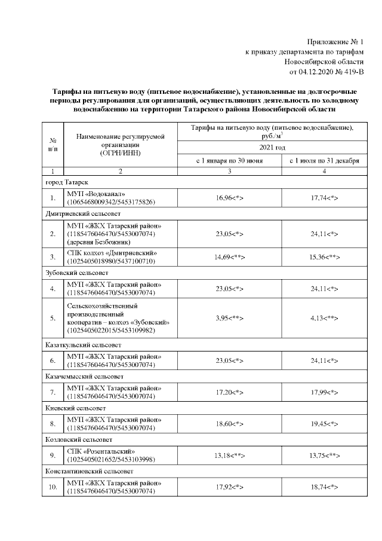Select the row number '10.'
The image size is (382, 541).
(x=53, y=487)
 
